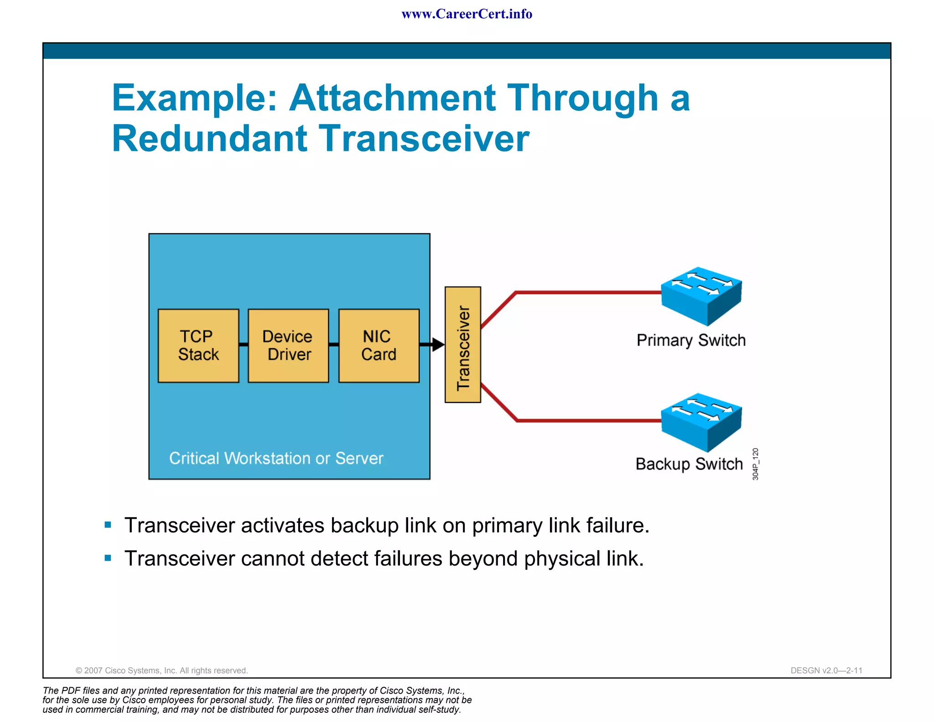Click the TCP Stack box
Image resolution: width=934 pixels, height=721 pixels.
click(198, 345)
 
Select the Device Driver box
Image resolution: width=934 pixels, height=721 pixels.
click(288, 345)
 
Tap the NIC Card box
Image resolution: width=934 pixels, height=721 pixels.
click(379, 345)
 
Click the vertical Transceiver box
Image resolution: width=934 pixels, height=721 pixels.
click(462, 345)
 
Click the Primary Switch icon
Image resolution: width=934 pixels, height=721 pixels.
click(701, 296)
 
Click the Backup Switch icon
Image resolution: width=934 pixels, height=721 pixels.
click(701, 422)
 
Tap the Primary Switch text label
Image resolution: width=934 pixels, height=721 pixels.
click(690, 340)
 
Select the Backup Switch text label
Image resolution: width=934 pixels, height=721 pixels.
click(689, 464)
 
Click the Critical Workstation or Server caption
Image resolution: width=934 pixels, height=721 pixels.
click(276, 458)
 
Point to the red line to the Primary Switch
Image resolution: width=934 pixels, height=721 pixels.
click(588, 293)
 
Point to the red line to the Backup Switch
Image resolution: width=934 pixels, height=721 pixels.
click(588, 421)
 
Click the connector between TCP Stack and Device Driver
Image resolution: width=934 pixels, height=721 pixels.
click(244, 345)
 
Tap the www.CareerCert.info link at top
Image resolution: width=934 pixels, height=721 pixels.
click(467, 14)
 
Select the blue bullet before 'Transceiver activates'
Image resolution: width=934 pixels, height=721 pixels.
click(108, 525)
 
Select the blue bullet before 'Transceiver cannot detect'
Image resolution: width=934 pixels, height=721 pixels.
click(108, 558)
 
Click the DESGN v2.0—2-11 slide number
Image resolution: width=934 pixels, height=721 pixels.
click(826, 670)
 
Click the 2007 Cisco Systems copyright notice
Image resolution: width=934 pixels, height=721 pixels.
click(161, 670)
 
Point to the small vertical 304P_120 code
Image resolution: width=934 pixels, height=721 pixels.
click(755, 464)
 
